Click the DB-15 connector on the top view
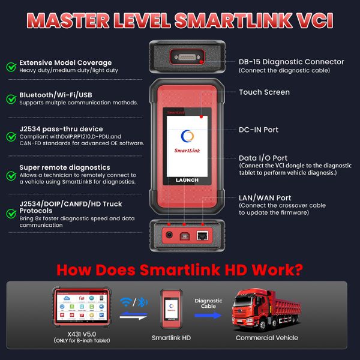coord(187,57)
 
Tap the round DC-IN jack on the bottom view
coord(169,235)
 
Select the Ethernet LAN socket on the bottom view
coord(202,236)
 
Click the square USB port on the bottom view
coord(184,236)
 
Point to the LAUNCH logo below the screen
coord(187,180)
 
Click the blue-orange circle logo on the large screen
coord(187,136)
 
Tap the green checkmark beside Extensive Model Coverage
coord(11,67)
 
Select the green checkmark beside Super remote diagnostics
coord(11,176)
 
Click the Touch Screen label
coord(264,92)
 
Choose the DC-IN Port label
coord(259,130)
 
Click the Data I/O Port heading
coord(263,158)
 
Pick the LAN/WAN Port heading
coord(265,197)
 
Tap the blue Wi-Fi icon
coord(125,302)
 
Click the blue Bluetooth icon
coord(142,302)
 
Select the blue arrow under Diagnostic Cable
coord(208,316)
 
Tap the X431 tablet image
coord(82,307)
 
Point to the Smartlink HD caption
coord(171,338)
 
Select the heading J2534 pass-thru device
coord(61,129)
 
